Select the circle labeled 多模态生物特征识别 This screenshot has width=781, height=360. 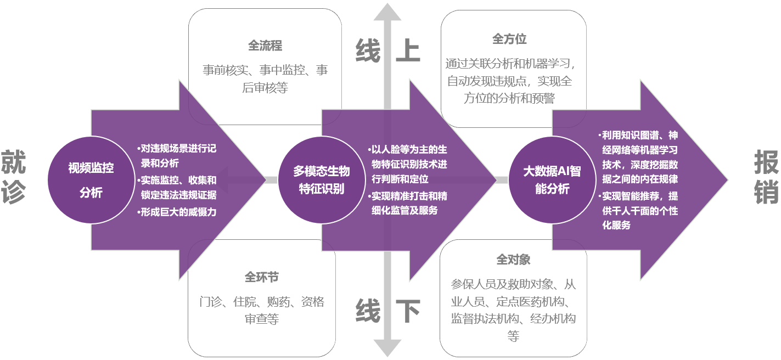pos(322,180)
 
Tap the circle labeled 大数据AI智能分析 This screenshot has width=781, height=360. pos(552,180)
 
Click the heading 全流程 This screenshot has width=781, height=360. pos(265,46)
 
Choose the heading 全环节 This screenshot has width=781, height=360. pos(262,277)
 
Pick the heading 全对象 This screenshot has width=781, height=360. pos(513,259)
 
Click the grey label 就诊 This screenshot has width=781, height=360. pos(13,177)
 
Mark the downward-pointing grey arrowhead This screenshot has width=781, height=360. pos(387,347)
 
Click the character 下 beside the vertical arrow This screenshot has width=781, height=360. pos(408,312)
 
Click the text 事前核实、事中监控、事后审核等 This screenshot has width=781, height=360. pos(265,79)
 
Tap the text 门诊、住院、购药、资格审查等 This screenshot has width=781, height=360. pos(262,310)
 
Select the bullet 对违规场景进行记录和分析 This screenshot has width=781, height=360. pos(178,155)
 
